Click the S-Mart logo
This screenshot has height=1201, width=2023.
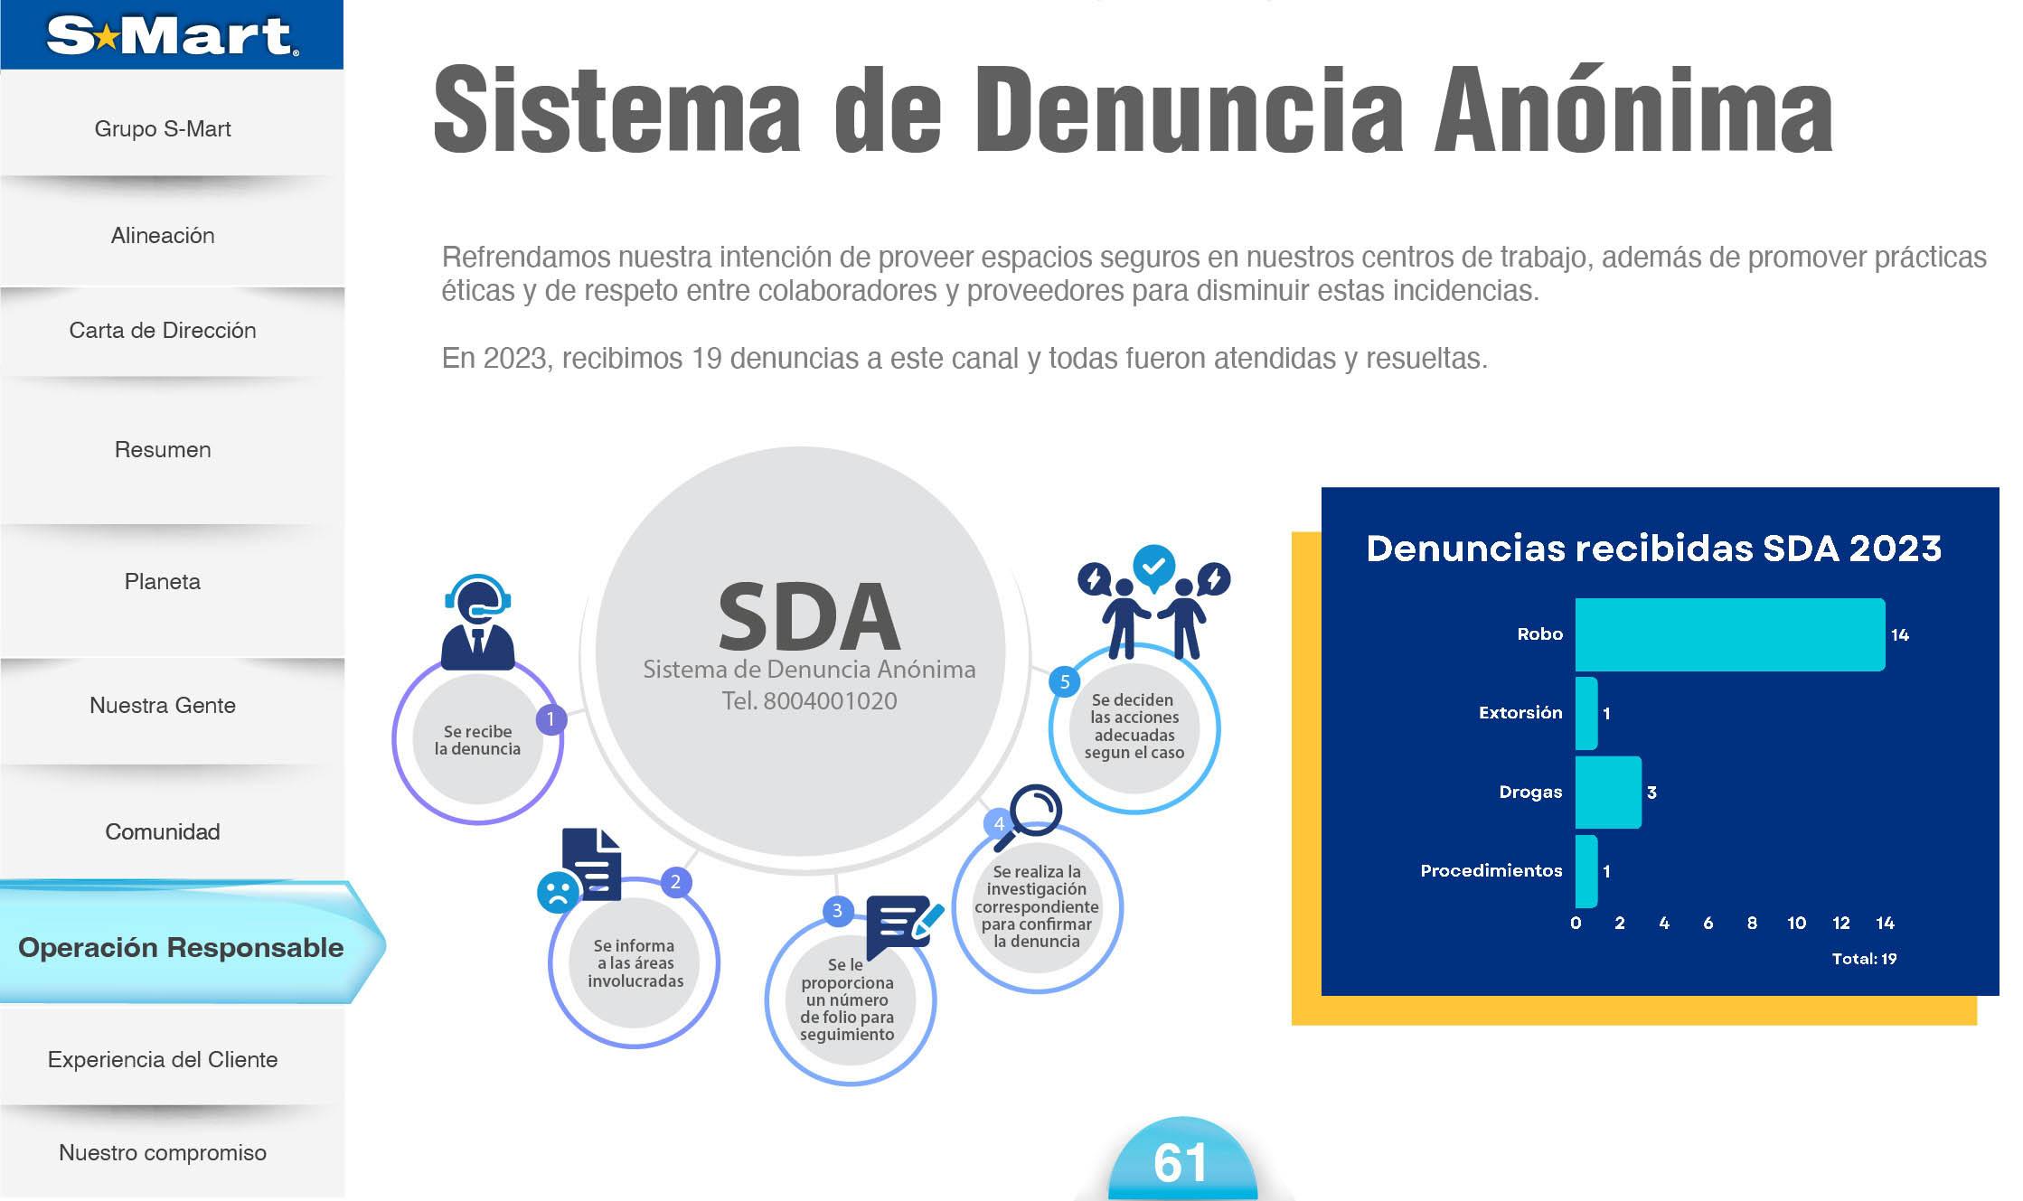pos(172,35)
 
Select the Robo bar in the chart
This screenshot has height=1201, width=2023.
pos(1729,634)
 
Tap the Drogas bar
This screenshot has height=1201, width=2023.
pos(1608,793)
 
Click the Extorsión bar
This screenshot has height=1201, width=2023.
pos(1586,713)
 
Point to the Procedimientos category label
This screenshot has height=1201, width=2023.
pos(1491,871)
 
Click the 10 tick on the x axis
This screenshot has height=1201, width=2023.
pos(1796,923)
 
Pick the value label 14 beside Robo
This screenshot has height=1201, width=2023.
pos(1899,635)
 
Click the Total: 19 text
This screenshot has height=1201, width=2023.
pos(1864,959)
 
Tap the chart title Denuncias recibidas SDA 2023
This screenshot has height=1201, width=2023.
pos(1653,549)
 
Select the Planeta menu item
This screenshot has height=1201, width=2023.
pos(163,582)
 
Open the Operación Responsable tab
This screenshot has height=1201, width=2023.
pos(181,948)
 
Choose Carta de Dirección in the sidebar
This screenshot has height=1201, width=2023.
pos(163,331)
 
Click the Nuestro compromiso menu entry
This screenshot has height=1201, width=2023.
pos(163,1153)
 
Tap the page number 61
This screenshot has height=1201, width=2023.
pos(1181,1163)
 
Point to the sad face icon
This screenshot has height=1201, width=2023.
pos(557,893)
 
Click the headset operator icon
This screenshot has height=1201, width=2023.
pos(477,621)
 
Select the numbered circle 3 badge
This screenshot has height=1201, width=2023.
pos(837,911)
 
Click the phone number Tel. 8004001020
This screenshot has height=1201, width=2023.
pos(809,701)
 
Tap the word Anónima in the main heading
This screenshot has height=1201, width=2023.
pos(1633,110)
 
